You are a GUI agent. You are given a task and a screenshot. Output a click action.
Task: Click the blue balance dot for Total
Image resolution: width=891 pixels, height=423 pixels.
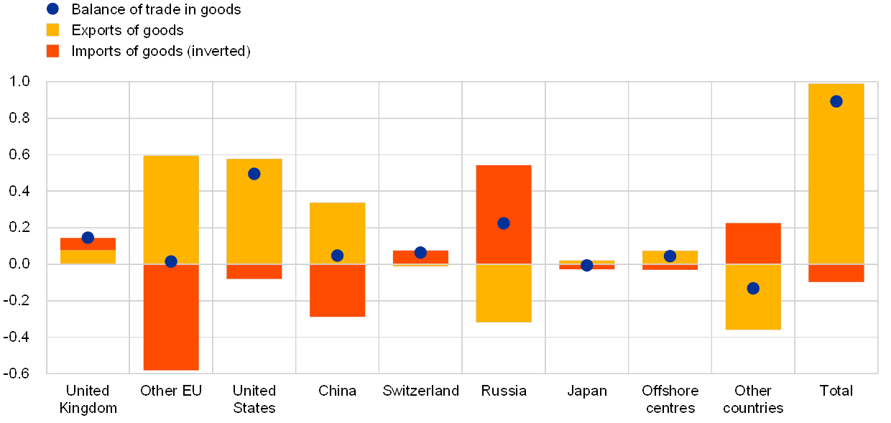[x=836, y=101]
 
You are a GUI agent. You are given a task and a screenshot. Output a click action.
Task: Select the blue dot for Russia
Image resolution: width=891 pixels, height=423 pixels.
[x=504, y=223]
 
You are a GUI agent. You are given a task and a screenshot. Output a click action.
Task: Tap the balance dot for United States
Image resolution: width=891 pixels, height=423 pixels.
[x=254, y=174]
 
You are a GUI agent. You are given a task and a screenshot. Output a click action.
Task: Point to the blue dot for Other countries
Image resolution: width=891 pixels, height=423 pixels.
[x=753, y=288]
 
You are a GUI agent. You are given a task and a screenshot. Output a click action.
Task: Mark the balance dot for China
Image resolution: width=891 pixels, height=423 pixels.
[x=337, y=256]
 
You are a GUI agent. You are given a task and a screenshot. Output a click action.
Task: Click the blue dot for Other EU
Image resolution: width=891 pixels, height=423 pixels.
[x=171, y=261]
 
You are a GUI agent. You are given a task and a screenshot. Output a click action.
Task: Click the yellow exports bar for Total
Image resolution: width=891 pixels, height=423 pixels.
[x=836, y=180]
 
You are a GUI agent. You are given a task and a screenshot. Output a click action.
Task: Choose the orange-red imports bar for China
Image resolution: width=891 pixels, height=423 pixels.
[x=337, y=291]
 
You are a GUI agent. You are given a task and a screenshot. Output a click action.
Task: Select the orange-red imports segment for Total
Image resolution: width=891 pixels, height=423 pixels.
[x=836, y=273]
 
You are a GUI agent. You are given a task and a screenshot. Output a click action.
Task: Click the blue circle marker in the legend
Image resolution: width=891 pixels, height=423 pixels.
[x=52, y=9]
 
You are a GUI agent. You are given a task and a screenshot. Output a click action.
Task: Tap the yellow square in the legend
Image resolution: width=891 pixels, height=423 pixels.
[x=52, y=30]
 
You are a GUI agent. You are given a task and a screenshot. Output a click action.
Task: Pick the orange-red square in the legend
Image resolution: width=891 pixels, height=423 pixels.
[x=52, y=51]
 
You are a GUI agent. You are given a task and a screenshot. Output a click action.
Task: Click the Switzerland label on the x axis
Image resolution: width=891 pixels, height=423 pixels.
[x=420, y=391]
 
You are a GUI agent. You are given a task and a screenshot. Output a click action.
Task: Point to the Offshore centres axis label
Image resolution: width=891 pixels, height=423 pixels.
[x=670, y=399]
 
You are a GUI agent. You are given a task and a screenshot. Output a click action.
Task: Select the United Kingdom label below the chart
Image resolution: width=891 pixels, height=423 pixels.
[x=88, y=399]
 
